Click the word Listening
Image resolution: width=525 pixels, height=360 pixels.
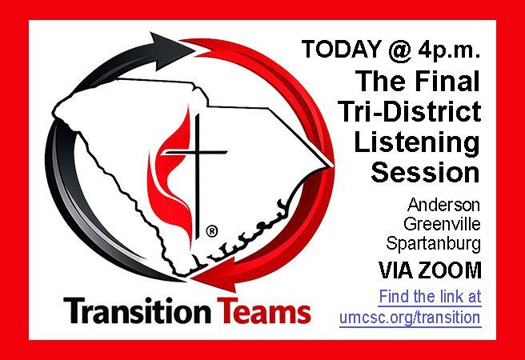[x=428, y=142]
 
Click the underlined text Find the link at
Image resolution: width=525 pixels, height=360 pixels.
[x=430, y=296]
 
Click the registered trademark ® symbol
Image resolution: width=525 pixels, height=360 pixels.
[x=211, y=231]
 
